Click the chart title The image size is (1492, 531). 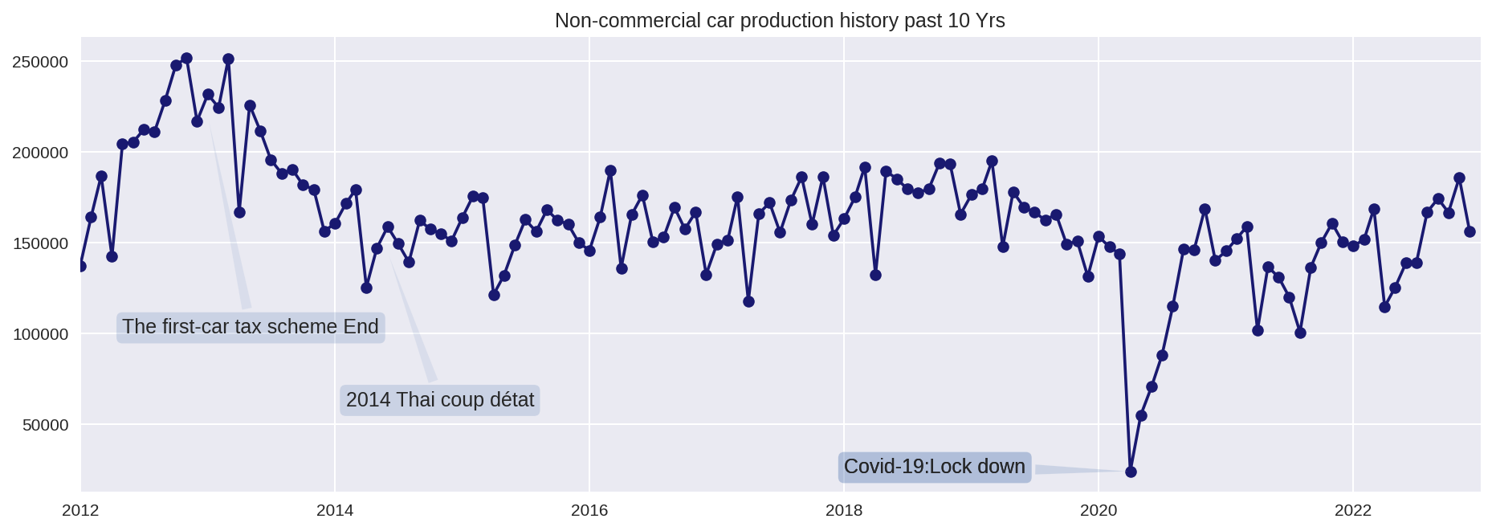click(x=779, y=20)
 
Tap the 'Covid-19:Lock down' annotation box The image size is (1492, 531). click(x=934, y=467)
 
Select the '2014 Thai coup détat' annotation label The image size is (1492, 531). click(x=439, y=399)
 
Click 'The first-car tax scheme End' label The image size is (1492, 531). click(x=250, y=327)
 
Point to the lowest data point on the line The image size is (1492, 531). click(x=1131, y=472)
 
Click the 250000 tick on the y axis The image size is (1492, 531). click(x=40, y=62)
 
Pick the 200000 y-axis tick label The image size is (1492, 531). click(x=40, y=153)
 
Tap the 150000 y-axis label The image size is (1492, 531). click(x=40, y=243)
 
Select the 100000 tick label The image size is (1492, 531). click(x=40, y=334)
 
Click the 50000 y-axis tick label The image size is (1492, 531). click(x=45, y=425)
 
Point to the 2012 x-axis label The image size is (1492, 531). click(x=80, y=510)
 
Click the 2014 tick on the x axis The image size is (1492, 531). click(x=335, y=510)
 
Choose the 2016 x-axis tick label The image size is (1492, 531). click(x=589, y=510)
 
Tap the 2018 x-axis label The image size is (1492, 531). click(x=844, y=510)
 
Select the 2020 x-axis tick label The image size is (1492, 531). click(x=1099, y=510)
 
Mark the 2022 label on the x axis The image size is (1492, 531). click(x=1353, y=510)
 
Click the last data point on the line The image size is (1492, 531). click(x=1470, y=231)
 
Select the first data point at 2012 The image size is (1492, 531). click(x=80, y=266)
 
